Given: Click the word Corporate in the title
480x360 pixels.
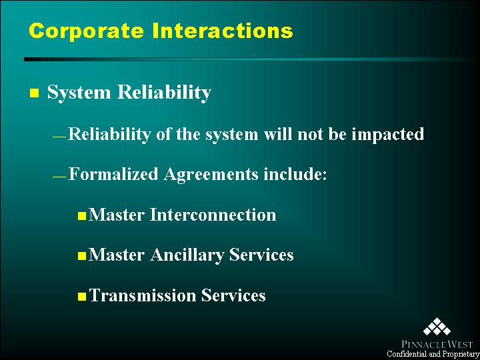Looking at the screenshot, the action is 86,31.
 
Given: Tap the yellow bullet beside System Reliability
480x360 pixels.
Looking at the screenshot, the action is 34,93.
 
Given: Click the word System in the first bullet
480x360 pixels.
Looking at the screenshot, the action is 79,93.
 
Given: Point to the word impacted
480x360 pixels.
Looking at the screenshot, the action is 387,135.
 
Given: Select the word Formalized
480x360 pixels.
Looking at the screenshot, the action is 113,174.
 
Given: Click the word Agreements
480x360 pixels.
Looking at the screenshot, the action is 211,175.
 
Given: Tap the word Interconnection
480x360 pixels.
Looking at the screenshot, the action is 213,215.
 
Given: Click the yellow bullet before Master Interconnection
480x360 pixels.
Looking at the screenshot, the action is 82,217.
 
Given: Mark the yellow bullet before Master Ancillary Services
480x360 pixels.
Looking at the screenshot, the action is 82,256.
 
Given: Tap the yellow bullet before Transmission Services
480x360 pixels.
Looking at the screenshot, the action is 82,297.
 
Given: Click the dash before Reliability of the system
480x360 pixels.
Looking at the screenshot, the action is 59,137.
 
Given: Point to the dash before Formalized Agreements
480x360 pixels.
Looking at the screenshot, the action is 59,177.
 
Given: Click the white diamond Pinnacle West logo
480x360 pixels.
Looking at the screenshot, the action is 437,327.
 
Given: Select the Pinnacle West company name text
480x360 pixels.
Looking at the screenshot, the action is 435,345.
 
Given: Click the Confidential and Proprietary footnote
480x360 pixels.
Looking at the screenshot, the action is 433,354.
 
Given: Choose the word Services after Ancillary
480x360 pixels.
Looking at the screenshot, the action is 261,255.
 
